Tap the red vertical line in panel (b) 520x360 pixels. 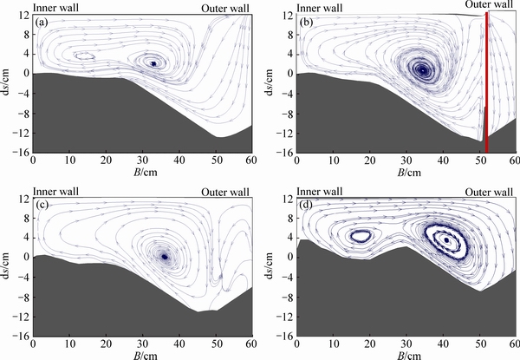[487, 82]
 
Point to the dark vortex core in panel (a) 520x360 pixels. [153, 63]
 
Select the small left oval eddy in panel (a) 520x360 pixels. [84, 56]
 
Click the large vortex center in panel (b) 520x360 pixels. [421, 69]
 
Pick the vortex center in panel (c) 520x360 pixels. [164, 256]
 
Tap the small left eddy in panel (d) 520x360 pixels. [361, 235]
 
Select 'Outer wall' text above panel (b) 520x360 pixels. [492, 7]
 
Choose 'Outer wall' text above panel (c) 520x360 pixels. [227, 191]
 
